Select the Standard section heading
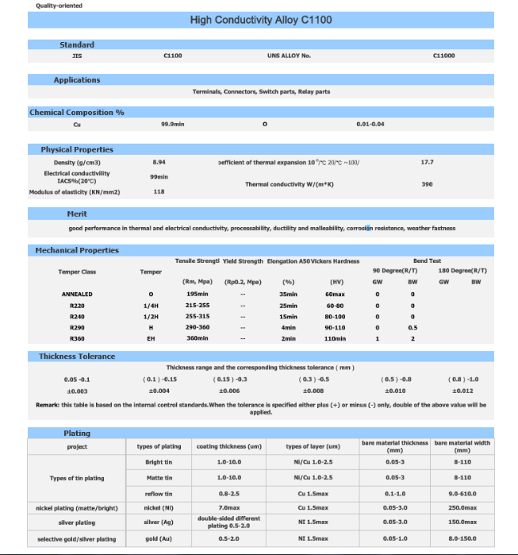[x=77, y=44]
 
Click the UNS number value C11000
[x=444, y=56]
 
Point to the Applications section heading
[x=77, y=79]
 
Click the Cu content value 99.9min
[x=172, y=125]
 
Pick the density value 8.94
[x=159, y=162]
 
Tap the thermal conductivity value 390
[x=427, y=183]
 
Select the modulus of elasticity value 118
[x=159, y=191]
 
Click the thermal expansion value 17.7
[x=427, y=162]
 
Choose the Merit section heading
[x=77, y=214]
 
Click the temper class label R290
[x=77, y=327]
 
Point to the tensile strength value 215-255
[x=197, y=305]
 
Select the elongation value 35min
[x=288, y=294]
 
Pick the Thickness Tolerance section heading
[x=77, y=357]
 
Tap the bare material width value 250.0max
[x=462, y=507]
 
